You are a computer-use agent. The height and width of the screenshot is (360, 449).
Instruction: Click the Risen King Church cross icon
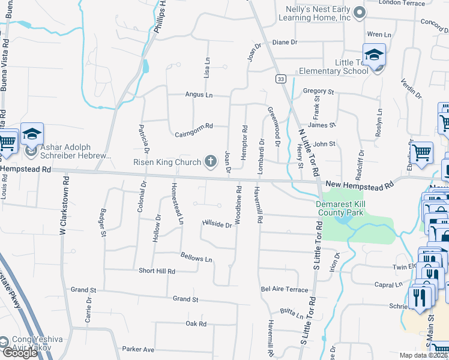tap(210, 160)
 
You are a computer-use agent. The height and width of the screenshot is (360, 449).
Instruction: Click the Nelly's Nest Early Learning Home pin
tap(359, 12)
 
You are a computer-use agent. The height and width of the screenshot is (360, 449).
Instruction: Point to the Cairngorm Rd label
tap(192, 126)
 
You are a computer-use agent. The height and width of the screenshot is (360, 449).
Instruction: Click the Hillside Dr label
tap(217, 224)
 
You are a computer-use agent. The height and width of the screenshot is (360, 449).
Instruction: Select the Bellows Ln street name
tap(196, 259)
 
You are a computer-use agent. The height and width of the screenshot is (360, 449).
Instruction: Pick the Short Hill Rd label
tap(157, 271)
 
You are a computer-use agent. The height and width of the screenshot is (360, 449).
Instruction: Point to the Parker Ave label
tap(138, 349)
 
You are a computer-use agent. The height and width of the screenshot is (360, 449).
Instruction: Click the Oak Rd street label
tap(196, 323)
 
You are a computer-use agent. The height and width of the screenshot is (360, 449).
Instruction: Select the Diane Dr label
tap(285, 43)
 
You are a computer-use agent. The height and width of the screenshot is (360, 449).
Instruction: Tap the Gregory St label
tap(318, 91)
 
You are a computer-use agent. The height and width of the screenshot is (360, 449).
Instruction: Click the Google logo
tap(19, 353)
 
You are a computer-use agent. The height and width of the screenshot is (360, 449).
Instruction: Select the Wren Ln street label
tap(378, 34)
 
